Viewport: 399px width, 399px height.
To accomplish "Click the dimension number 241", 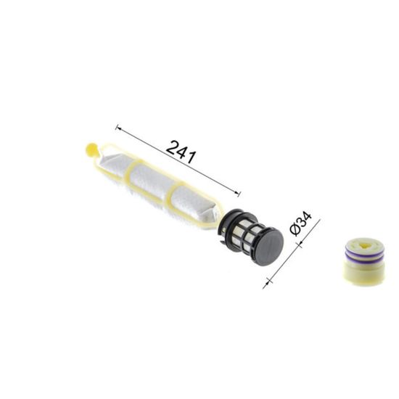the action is (x=181, y=152).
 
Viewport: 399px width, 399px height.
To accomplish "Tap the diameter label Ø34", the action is (x=301, y=223).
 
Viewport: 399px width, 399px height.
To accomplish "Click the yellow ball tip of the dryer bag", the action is (x=91, y=149).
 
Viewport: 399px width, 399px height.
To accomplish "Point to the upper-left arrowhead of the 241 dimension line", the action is (x=118, y=128).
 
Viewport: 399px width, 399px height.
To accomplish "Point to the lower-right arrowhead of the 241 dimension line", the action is (x=238, y=194).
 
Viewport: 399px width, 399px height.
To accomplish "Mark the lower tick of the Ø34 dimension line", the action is (x=268, y=281).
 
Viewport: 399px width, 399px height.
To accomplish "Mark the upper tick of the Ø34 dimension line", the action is (x=300, y=245).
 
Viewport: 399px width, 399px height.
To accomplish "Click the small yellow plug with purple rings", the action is (x=363, y=261).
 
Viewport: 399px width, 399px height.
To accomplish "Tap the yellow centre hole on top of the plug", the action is (x=364, y=245).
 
